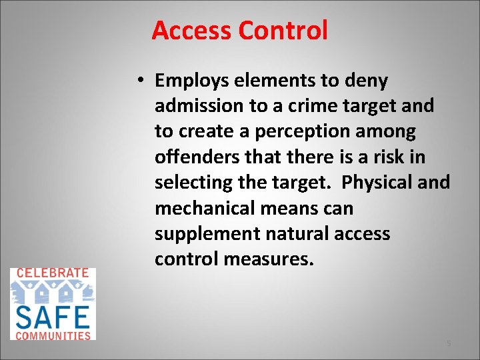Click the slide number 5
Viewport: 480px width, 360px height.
click(449, 343)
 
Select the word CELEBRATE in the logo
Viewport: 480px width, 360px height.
click(52, 273)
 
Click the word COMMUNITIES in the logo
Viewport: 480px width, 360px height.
click(52, 335)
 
